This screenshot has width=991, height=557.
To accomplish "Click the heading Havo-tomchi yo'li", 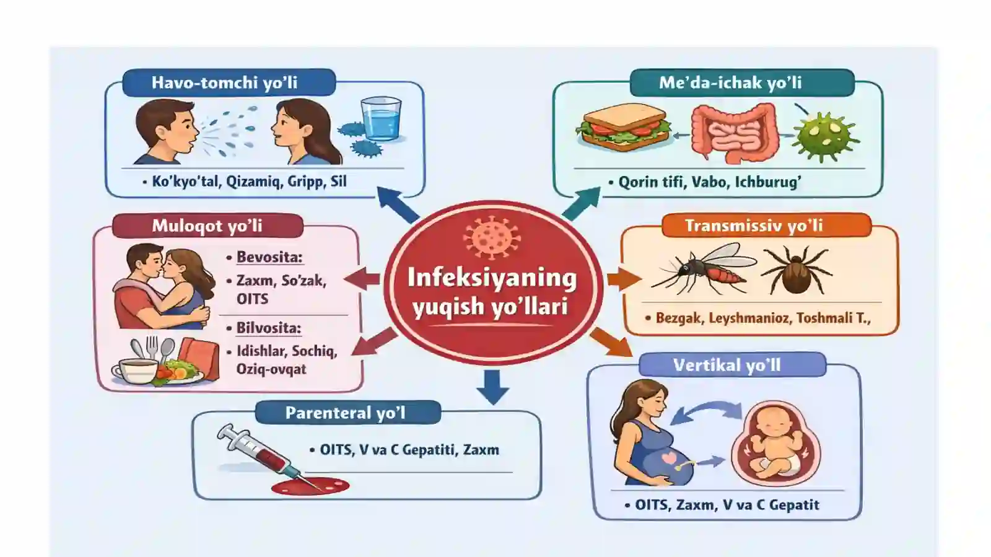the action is click(224, 83).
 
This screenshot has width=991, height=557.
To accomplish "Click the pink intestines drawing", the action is click(735, 131).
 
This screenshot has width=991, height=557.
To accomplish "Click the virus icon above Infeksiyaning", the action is click(492, 237).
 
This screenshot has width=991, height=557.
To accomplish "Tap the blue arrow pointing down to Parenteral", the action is click(492, 387).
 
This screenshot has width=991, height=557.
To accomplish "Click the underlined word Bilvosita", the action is click(268, 328).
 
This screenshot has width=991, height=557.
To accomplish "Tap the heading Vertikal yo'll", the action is click(727, 366).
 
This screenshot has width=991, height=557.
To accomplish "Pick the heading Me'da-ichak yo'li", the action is click(730, 83).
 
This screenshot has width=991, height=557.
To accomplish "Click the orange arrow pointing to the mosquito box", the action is click(624, 279).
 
